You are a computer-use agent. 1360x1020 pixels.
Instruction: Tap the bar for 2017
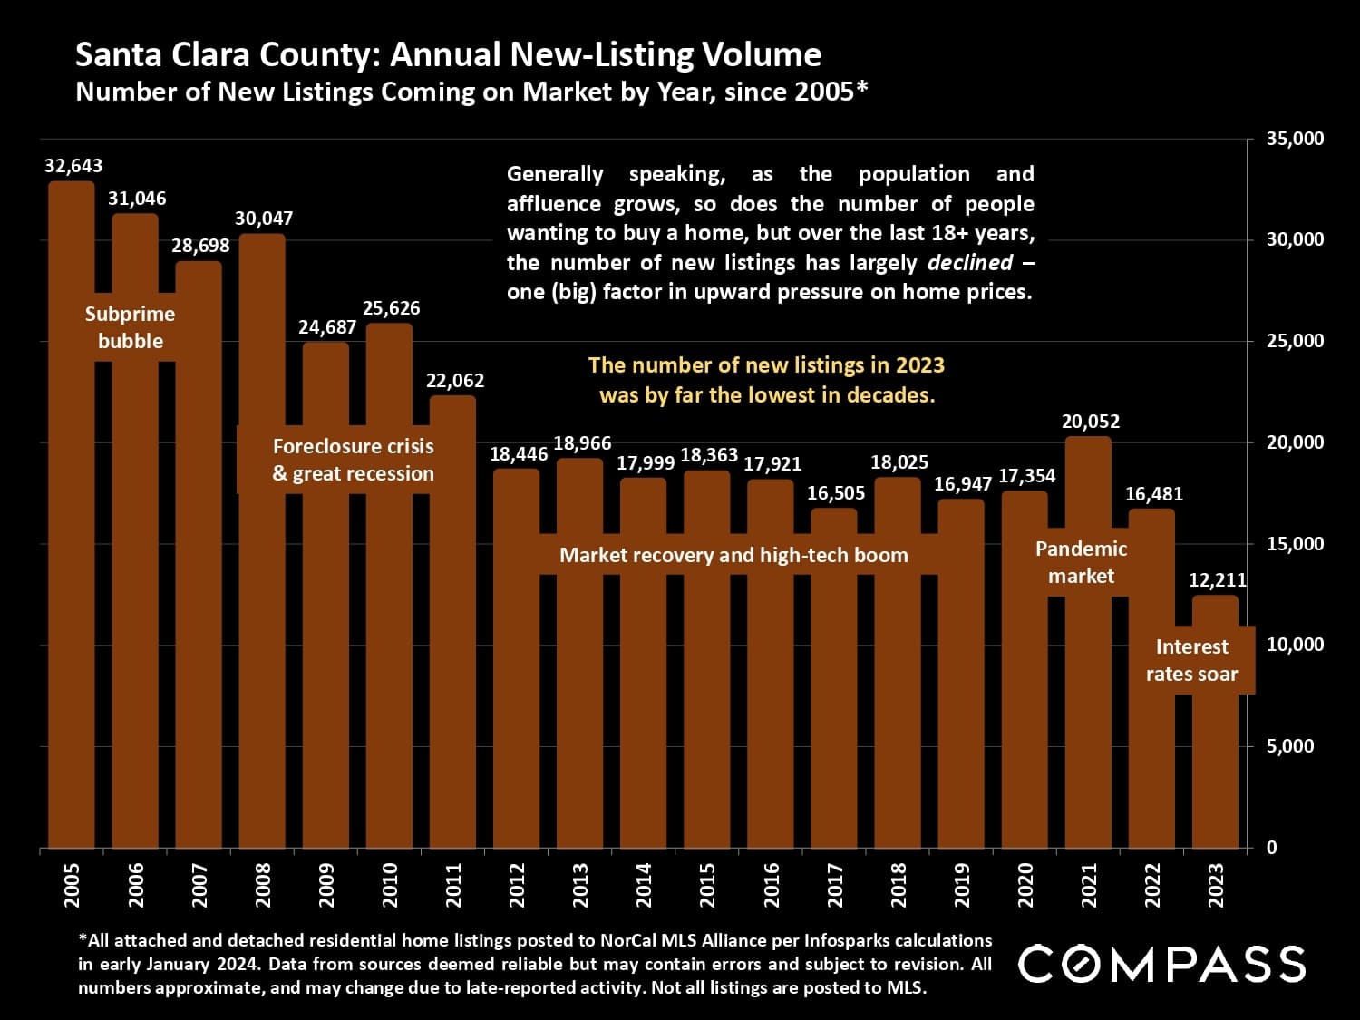[834, 707]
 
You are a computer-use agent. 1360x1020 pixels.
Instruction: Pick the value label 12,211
[1218, 580]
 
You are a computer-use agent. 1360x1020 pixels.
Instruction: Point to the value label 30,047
[264, 219]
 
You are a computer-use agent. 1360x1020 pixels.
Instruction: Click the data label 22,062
[455, 381]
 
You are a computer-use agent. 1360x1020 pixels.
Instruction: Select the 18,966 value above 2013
[582, 443]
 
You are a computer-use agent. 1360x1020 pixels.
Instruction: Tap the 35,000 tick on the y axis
[1295, 139]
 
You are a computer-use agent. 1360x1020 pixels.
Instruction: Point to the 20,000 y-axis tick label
[1295, 442]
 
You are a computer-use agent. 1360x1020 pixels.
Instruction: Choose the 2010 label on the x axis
[391, 885]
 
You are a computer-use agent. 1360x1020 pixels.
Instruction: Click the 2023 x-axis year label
[1217, 885]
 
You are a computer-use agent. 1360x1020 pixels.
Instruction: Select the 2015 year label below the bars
[708, 885]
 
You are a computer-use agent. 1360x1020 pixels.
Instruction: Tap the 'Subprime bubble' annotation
[131, 327]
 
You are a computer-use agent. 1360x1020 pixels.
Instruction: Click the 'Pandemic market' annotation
[1081, 562]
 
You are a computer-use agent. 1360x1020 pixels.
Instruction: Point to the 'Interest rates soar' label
[1191, 660]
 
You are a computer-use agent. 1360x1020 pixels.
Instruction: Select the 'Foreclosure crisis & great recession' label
[354, 460]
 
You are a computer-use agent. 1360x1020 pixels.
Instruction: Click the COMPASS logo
[1161, 963]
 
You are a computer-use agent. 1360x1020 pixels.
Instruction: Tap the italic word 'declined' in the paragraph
[969, 263]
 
